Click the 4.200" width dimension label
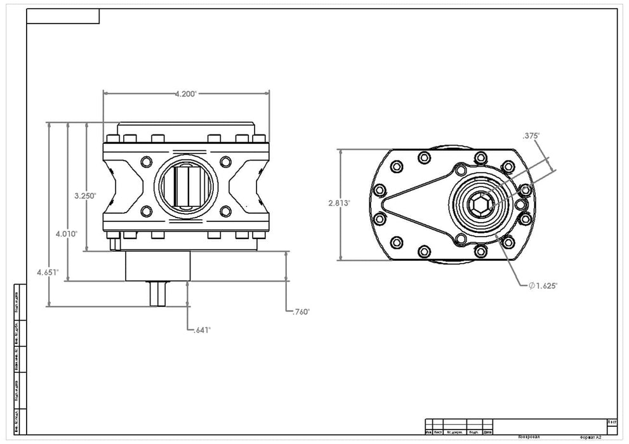click(x=186, y=93)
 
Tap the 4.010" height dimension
click(x=67, y=234)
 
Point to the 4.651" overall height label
click(x=48, y=272)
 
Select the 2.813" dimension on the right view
click(x=339, y=204)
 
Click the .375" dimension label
click(x=531, y=135)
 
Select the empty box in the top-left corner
click(x=63, y=17)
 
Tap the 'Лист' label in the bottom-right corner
click(x=612, y=422)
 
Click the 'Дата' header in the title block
click(x=487, y=432)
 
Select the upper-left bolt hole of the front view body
click(x=146, y=161)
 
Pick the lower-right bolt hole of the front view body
click(x=225, y=211)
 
